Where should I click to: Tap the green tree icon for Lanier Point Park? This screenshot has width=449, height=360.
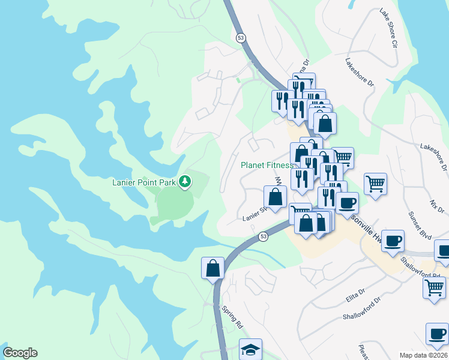[x=185, y=181]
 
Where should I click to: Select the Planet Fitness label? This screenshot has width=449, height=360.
[x=267, y=165]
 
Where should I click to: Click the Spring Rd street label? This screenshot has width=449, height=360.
[x=232, y=317]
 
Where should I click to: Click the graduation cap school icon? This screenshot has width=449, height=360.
[x=250, y=349]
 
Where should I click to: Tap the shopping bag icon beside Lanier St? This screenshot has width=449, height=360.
[x=275, y=196]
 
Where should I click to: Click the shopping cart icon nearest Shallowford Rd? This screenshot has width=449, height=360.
[x=434, y=286]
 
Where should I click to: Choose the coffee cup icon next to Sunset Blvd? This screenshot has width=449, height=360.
[x=393, y=240]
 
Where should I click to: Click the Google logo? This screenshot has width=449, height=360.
[x=20, y=353]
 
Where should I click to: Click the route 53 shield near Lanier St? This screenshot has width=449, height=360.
[x=264, y=238]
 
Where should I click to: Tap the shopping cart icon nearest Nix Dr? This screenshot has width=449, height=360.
[x=375, y=184]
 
